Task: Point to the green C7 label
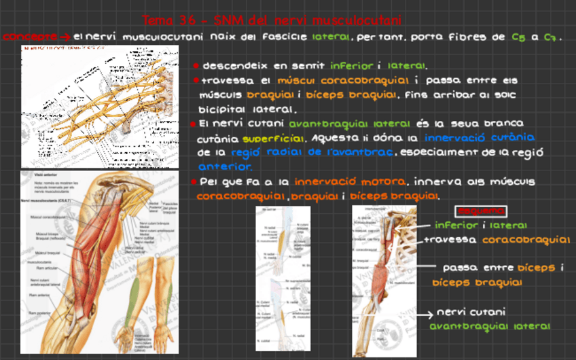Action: coord(550,37)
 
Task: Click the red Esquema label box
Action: coord(481,211)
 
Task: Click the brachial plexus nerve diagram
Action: coord(100,105)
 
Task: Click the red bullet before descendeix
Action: coord(195,66)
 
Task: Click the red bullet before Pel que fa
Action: coord(194,182)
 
